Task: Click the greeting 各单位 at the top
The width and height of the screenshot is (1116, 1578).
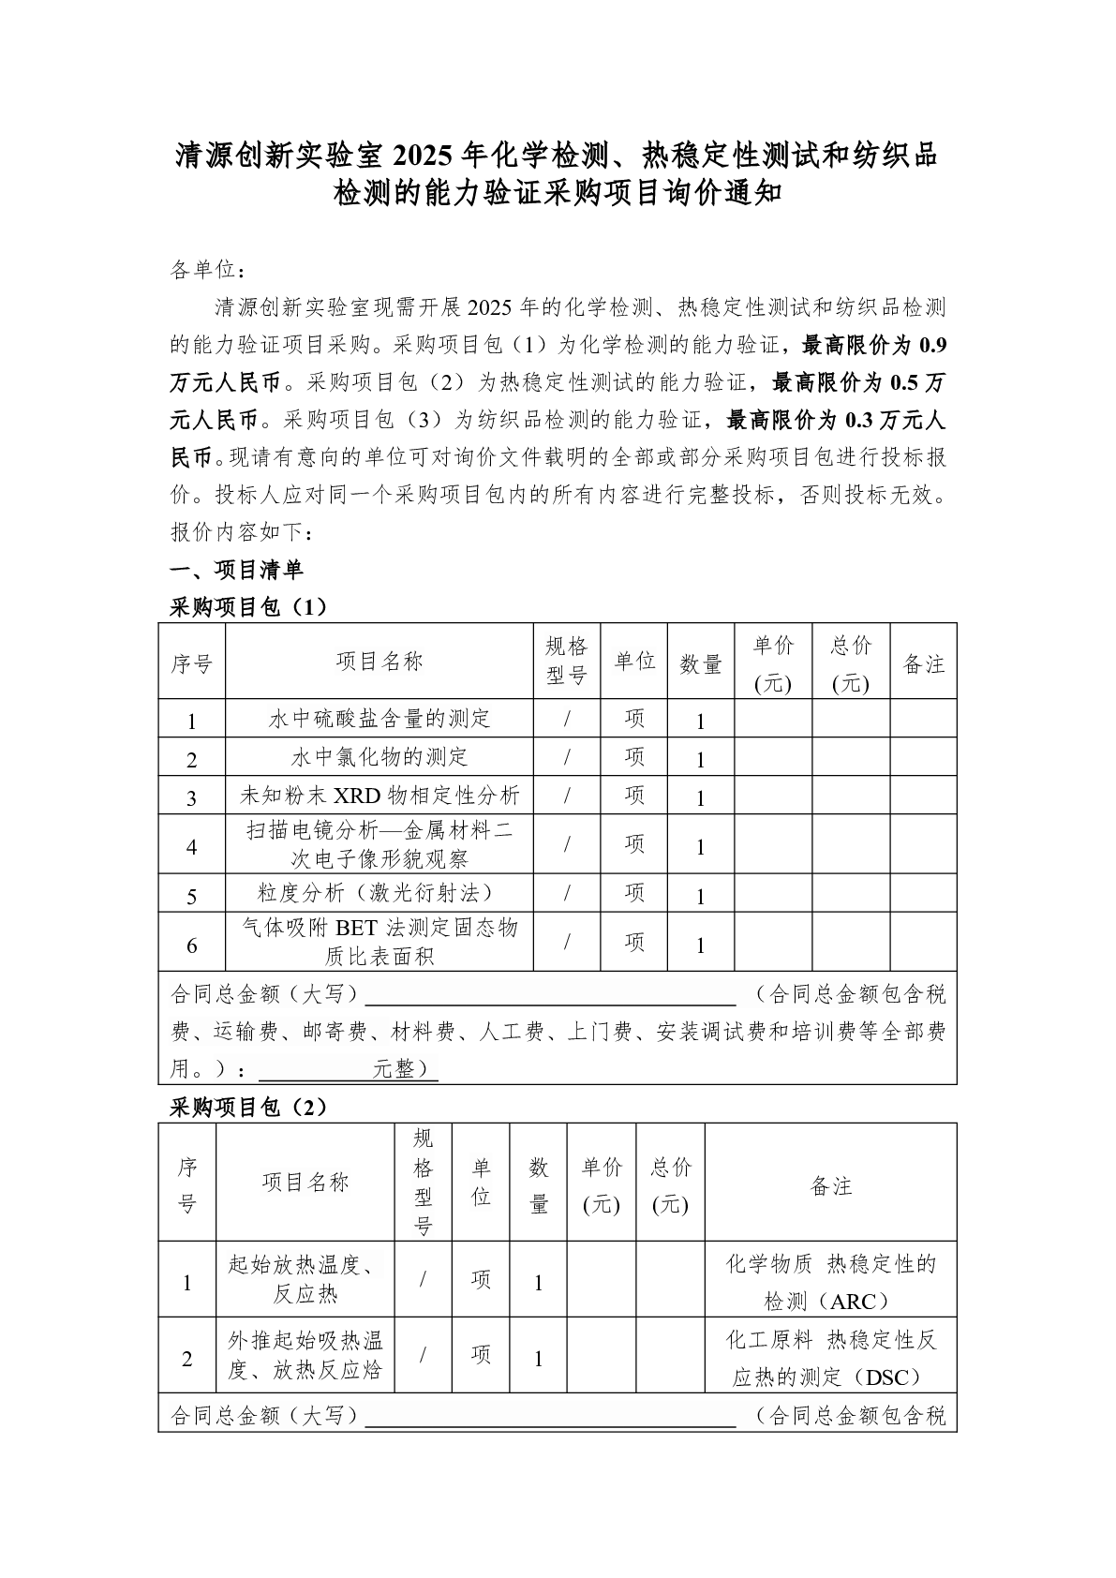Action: (x=208, y=270)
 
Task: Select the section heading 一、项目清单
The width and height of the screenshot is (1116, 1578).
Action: (x=236, y=570)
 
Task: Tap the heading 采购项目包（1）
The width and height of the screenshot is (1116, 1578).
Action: (x=248, y=607)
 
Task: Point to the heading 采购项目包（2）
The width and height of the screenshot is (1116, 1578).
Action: (x=248, y=1108)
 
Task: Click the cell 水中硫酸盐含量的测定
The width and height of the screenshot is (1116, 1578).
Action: (x=379, y=719)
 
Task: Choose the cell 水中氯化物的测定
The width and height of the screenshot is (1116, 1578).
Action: (x=379, y=757)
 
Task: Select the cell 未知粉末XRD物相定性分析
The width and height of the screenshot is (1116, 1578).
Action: (x=379, y=796)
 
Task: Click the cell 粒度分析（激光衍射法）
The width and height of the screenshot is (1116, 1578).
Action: (x=379, y=893)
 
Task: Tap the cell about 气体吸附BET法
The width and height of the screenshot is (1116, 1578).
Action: (x=379, y=942)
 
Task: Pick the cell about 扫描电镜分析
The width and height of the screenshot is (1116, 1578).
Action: (x=379, y=844)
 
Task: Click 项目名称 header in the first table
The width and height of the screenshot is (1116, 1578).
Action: (x=379, y=662)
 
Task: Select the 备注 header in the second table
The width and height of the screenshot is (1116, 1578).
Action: (x=830, y=1186)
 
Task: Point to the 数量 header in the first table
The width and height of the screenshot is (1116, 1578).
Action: (x=701, y=663)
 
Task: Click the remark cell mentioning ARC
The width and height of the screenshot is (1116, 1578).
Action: (x=830, y=1281)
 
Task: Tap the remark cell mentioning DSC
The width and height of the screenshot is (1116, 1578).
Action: (x=830, y=1357)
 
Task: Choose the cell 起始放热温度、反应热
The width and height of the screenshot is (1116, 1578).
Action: (x=305, y=1279)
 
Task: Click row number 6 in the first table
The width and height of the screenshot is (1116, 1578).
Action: (x=192, y=945)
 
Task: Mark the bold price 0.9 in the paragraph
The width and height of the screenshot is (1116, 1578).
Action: (x=933, y=346)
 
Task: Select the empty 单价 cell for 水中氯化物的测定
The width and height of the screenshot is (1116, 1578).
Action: (x=773, y=757)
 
